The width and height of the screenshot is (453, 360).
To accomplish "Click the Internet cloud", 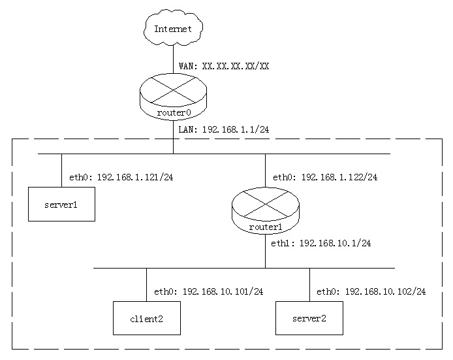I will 173,28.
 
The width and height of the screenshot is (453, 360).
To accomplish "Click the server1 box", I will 61,204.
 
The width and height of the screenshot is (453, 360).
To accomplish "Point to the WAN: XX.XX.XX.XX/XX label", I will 224,66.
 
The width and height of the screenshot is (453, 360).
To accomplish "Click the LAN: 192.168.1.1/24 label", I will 223,129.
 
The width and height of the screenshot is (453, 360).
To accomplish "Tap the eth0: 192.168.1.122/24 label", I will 325,177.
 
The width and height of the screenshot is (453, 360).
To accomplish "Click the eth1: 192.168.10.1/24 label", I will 322,242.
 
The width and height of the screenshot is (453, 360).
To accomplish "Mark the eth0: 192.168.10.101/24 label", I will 208,291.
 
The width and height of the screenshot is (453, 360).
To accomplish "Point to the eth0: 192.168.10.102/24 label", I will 371,291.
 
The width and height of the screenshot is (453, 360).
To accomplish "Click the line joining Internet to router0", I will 173,59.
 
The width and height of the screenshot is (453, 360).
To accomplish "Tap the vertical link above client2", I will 146,284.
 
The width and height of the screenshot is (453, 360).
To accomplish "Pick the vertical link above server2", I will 309,284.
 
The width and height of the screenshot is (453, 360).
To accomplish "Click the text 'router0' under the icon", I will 173,112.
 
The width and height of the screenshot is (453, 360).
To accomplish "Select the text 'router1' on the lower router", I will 265,227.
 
